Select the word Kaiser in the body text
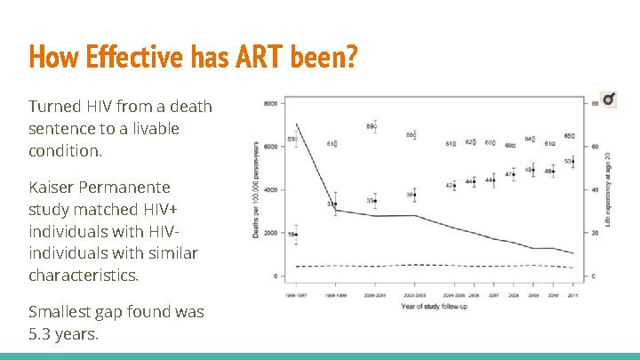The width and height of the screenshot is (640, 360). click(x=52, y=188)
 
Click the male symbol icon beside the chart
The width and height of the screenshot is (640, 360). click(x=608, y=100)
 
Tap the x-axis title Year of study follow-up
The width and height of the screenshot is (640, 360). click(x=434, y=307)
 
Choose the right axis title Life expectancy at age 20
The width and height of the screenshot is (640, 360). click(x=608, y=188)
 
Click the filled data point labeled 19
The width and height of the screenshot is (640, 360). click(x=297, y=235)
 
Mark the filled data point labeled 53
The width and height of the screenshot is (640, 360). click(x=573, y=162)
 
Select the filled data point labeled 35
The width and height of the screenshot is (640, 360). click(x=375, y=201)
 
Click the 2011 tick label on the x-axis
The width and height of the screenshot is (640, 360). click(x=573, y=293)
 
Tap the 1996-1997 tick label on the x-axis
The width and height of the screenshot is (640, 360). click(x=297, y=293)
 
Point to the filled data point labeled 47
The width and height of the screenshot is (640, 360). click(x=514, y=174)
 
